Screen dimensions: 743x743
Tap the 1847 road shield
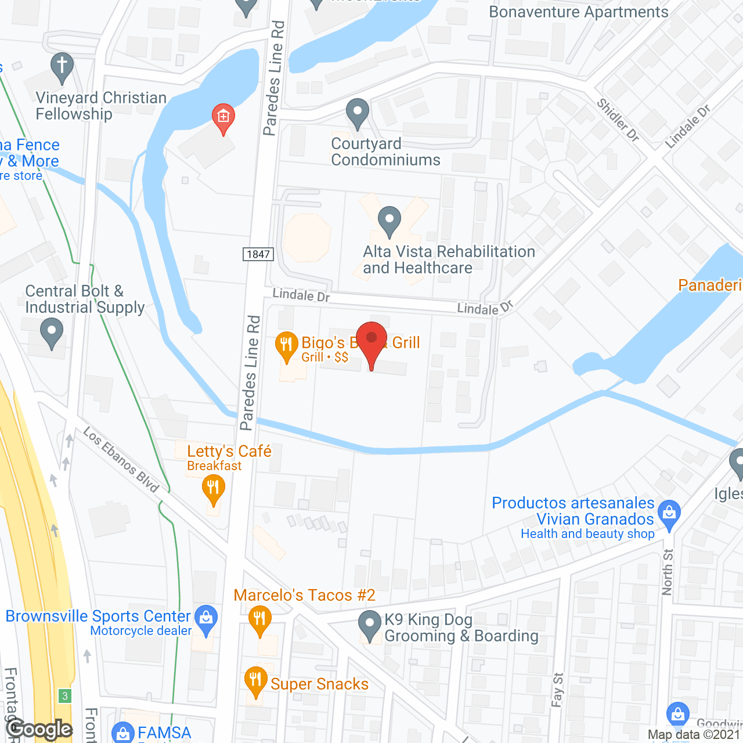pos(258,254)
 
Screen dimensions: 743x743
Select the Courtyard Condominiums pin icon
pos(358,113)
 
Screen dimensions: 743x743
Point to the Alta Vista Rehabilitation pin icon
pos(389,221)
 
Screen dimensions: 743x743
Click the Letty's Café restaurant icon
pos(214,489)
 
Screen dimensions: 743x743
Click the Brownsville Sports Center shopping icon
pos(205,618)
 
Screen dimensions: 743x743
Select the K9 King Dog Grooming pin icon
pos(370,625)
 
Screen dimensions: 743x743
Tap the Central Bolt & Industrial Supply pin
pos(52,334)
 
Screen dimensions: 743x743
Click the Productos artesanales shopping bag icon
pos(669,514)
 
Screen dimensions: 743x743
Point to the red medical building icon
pos(223,117)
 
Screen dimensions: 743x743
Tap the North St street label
pos(668,572)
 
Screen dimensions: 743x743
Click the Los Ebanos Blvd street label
pos(121,460)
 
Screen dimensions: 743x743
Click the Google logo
pos(39,729)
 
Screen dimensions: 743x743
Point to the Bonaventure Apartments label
pos(579,12)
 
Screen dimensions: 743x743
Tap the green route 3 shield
pos(65,696)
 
